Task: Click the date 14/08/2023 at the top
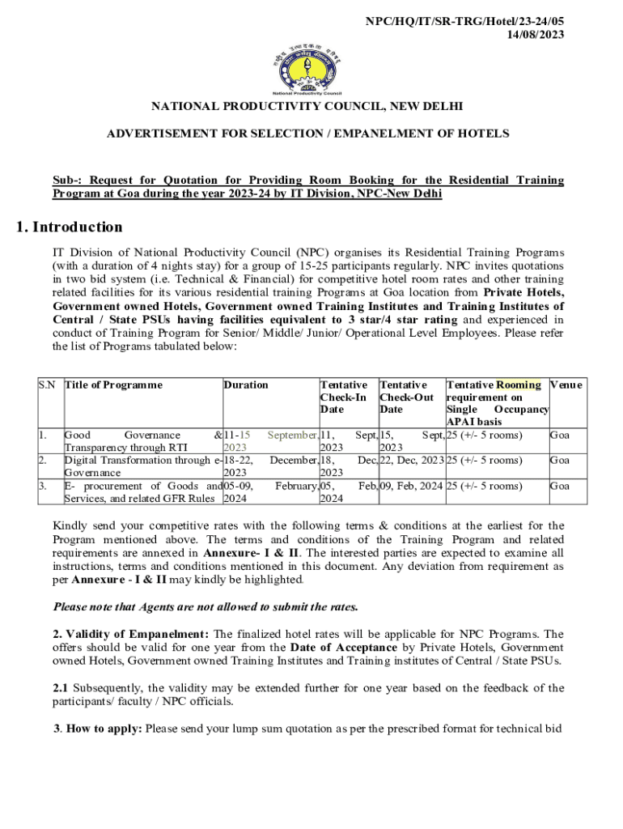[x=536, y=34]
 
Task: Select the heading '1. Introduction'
[x=70, y=227]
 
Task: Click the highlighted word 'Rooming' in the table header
[x=519, y=385]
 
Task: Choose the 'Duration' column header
[x=246, y=385]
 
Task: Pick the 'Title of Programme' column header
[x=113, y=385]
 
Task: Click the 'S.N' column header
[x=47, y=385]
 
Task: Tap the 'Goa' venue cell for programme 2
[x=560, y=461]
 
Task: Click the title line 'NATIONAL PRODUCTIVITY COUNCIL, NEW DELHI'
[x=311, y=107]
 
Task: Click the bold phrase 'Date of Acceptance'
[x=344, y=648]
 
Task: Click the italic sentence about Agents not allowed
[x=206, y=606]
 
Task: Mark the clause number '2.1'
[x=61, y=689]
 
